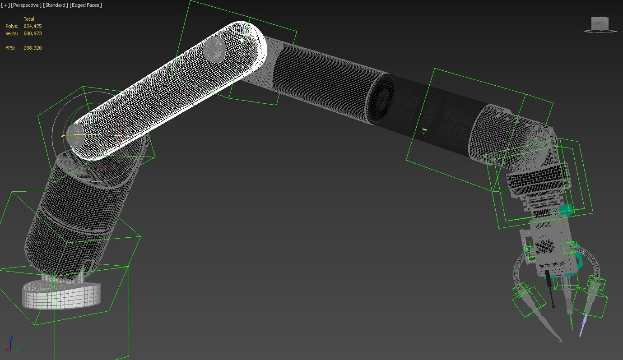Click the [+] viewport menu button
(x=5, y=5)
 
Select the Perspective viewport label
(x=26, y=5)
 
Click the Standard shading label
(x=56, y=5)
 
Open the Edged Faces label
(x=86, y=5)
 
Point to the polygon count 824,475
(x=33, y=26)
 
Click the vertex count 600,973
(x=33, y=33)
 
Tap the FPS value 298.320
(x=33, y=48)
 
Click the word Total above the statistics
(x=29, y=19)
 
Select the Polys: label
(x=12, y=26)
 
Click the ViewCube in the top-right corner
(x=600, y=24)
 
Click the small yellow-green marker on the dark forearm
(x=424, y=130)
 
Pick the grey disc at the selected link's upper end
(x=214, y=50)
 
